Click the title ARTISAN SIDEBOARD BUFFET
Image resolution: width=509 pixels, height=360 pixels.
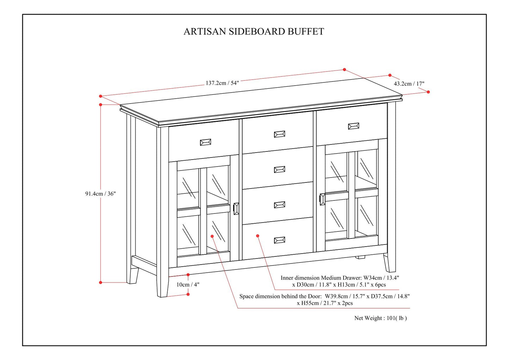tap(254, 32)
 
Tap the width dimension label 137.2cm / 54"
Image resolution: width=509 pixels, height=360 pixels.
tap(222, 83)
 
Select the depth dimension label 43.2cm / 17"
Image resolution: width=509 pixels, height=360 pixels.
tap(409, 84)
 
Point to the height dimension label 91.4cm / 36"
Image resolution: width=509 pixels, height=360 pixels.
tap(100, 194)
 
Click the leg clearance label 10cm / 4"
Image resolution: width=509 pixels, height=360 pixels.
tap(188, 285)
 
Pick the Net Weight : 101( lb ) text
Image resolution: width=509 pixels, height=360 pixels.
tap(380, 318)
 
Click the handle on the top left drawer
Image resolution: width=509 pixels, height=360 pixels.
tap(205, 142)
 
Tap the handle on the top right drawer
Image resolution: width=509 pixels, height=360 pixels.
tap(353, 126)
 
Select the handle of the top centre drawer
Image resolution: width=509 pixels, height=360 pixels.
tap(279, 134)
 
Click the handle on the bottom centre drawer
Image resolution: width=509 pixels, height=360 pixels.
tap(279, 240)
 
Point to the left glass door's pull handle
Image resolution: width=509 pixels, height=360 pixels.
tap(236, 209)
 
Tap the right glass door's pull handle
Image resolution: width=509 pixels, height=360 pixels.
tap(322, 199)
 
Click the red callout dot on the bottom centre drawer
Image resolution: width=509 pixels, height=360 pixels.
tap(258, 236)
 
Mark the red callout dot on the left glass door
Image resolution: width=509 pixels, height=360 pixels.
tap(212, 236)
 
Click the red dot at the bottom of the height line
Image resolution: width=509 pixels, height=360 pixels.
tap(101, 282)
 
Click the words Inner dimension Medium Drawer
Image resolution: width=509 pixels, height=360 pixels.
tap(321, 278)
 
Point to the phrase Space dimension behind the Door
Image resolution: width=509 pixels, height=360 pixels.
tap(280, 296)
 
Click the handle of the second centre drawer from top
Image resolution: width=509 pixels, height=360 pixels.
tap(279, 170)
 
